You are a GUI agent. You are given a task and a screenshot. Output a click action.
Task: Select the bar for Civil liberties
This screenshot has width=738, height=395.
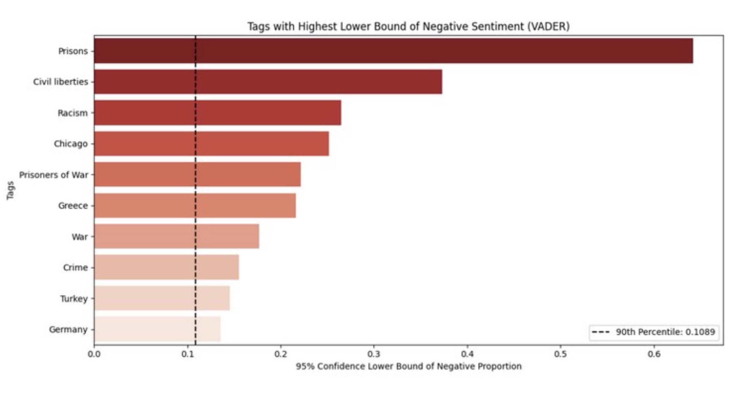tap(268, 82)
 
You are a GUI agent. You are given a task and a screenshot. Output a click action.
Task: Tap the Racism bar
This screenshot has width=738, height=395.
tap(217, 112)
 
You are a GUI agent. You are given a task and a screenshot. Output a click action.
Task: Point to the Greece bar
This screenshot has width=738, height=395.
tap(195, 205)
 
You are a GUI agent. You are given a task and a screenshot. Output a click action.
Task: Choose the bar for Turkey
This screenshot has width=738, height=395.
tap(162, 298)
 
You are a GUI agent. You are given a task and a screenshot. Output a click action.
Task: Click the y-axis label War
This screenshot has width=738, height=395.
tap(79, 237)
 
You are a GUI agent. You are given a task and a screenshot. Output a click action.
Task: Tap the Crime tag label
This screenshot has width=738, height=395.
tap(75, 267)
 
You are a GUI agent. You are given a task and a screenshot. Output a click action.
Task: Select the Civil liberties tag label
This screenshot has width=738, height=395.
tap(61, 82)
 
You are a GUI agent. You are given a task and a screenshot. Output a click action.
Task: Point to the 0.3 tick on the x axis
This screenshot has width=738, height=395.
tap(374, 354)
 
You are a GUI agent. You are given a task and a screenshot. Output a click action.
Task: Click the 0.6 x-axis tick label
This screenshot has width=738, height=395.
tap(654, 354)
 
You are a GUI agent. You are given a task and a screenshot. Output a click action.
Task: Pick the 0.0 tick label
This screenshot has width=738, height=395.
tap(94, 354)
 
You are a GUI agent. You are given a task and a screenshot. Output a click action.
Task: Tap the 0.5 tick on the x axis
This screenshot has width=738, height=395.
tap(560, 354)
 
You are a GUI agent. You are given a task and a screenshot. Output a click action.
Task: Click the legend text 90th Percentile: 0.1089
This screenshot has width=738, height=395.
tap(665, 332)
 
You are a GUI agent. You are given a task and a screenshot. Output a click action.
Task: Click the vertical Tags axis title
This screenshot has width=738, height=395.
tap(11, 190)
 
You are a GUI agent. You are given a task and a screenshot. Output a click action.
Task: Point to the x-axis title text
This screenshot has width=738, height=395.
tap(409, 366)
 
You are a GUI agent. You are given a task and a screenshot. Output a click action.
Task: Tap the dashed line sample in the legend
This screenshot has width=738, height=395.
tap(601, 332)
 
